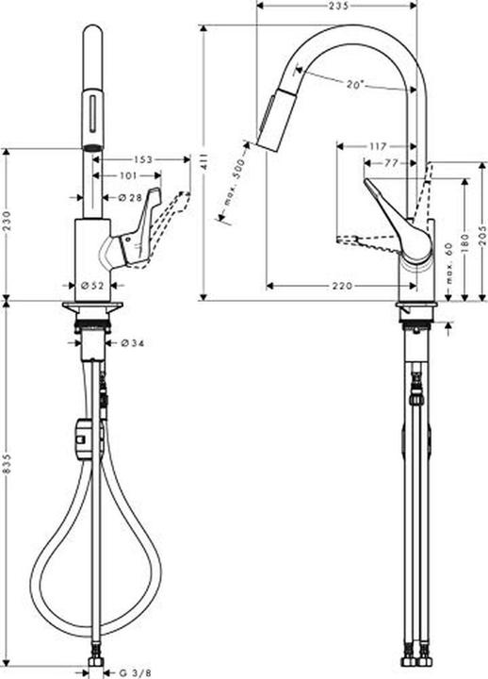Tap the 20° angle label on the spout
pos(355,85)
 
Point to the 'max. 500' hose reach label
pos(234,183)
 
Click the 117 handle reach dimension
pos(378,147)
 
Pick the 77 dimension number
pos(391,163)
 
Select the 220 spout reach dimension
pos(342,286)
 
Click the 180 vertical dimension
pos(464,240)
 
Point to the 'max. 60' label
pos(448,264)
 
